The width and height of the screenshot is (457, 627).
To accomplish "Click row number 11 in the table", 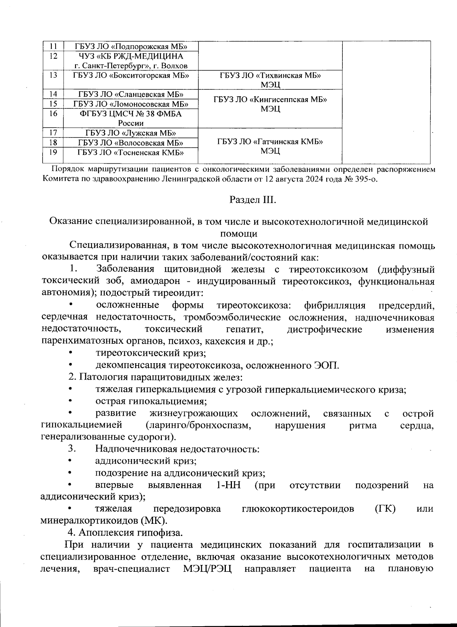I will pos(53,46).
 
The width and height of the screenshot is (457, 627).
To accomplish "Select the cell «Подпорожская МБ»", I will pos(131,46).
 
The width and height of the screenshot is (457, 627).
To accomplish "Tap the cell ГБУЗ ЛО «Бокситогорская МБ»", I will pos(131,75).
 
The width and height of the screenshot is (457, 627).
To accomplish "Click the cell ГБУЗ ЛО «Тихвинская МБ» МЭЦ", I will pos(270,80).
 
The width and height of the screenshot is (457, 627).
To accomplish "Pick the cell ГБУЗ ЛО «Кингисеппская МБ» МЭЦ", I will pos(270,104).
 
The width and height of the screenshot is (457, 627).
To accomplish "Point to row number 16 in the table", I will pos(53,114).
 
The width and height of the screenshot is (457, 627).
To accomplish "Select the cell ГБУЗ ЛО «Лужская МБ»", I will pos(131,133).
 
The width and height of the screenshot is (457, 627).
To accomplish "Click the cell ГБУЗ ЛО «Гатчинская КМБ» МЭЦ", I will pos(270,146).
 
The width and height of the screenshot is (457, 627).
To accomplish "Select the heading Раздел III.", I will pos(252,200).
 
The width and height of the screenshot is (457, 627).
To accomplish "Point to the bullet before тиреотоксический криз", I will pos(70,353).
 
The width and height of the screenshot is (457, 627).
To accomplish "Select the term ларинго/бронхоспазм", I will pos(198,425).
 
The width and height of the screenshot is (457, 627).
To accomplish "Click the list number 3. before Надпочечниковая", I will pos(73,449).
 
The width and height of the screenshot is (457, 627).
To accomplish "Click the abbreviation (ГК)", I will pos(385,509).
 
